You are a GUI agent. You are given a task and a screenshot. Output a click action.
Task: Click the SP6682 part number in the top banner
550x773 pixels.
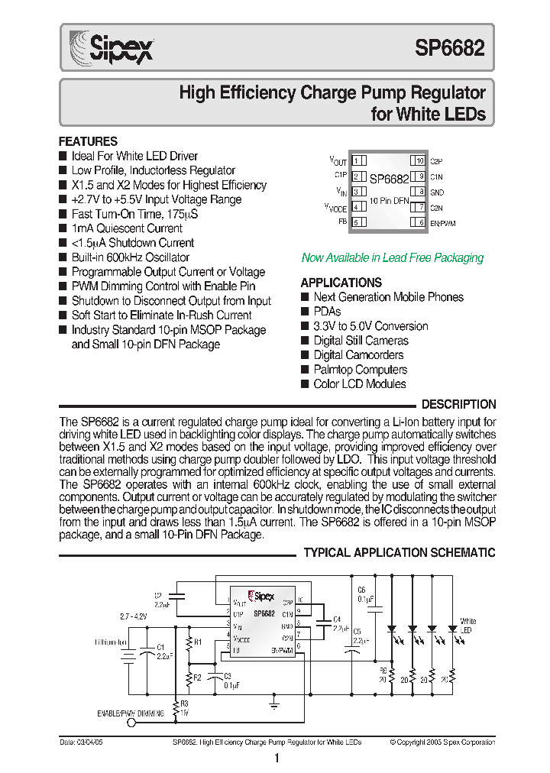point(449,49)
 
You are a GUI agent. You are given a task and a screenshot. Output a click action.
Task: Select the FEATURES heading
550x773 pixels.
point(89,141)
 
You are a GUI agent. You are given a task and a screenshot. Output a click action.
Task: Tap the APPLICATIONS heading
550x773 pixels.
point(341,282)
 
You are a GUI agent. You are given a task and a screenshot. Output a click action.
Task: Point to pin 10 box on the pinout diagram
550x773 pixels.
point(419,160)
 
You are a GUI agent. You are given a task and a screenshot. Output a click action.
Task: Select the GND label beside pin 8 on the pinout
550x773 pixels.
point(437,192)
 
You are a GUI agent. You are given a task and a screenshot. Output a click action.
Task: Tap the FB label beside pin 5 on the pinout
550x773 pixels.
point(342,222)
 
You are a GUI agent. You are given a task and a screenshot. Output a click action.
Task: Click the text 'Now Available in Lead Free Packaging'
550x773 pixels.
point(393,258)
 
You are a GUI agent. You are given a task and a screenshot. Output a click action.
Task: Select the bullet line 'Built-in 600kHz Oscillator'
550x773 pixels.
point(130,257)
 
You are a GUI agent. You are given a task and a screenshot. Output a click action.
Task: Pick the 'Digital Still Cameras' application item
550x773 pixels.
point(361,341)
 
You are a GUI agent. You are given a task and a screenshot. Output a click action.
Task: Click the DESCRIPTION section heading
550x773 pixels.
point(458,404)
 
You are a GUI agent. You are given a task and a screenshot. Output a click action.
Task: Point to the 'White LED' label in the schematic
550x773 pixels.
point(467,626)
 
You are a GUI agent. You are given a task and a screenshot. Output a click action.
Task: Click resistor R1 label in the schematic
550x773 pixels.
point(198,642)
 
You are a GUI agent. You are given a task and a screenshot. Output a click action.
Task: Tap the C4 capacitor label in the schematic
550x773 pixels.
point(337,619)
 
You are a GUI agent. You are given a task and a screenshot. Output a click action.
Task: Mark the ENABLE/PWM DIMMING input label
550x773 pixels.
point(130,713)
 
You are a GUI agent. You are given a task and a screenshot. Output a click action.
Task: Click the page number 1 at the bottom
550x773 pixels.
point(276,758)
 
